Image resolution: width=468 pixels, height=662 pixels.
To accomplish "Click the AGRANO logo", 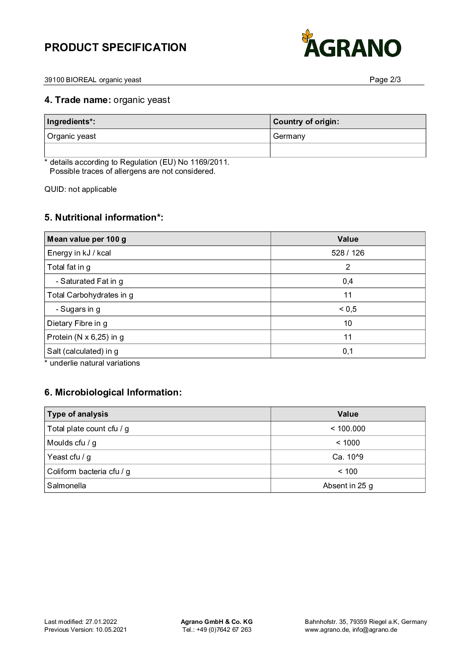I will (x=352, y=44).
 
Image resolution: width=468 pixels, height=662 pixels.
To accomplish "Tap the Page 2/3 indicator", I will (x=385, y=80).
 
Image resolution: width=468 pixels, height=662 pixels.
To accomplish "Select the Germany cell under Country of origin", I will (x=289, y=136).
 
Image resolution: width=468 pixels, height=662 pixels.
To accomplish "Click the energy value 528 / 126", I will (x=348, y=253).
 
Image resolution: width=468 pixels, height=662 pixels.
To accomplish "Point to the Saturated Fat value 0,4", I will (x=348, y=281).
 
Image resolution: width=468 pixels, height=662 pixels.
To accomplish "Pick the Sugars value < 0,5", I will (x=348, y=309).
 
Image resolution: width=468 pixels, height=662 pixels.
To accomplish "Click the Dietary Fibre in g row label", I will (x=77, y=323).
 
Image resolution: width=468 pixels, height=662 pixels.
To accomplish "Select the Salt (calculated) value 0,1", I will (x=348, y=351).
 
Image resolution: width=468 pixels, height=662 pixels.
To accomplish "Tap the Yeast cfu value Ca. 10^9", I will (x=348, y=457).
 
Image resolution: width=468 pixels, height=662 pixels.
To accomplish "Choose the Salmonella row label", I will (x=66, y=485).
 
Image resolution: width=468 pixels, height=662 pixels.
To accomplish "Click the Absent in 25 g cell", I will (x=348, y=485).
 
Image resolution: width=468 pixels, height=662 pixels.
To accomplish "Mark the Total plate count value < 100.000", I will (x=348, y=428).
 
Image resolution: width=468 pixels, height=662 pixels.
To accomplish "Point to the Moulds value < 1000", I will (x=348, y=443).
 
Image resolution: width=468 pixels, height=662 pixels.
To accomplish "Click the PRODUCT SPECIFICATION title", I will (x=116, y=48).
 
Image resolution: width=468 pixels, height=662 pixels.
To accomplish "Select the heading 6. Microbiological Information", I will (x=113, y=392).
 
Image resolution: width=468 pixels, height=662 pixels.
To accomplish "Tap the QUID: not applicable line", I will (x=81, y=189).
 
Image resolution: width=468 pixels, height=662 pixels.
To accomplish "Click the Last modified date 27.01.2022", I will (x=101, y=622).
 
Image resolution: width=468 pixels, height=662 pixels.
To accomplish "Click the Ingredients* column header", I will (x=71, y=121).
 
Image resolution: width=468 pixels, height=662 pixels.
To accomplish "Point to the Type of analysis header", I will (x=77, y=414).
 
